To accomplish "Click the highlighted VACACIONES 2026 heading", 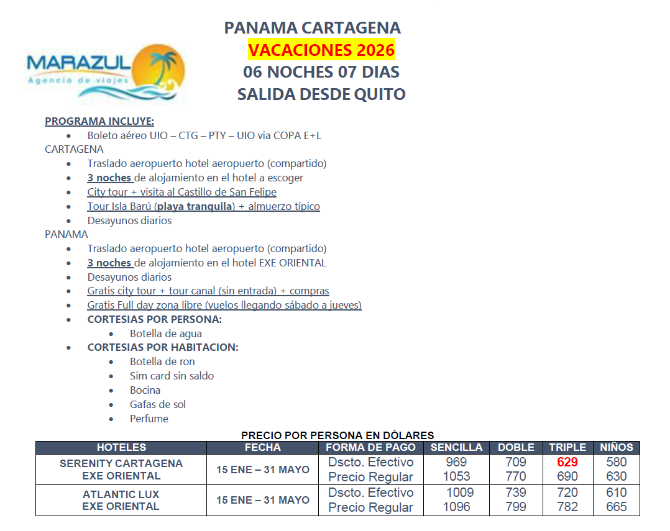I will click(321, 49).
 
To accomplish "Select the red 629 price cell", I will click(567, 462).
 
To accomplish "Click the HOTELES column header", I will click(121, 447).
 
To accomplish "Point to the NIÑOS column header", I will click(616, 447).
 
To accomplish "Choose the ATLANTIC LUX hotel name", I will click(121, 494).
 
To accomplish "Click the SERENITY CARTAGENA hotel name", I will click(121, 463).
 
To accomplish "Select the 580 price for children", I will click(616, 462).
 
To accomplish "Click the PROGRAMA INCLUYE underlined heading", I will click(99, 121).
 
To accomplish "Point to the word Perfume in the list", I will click(149, 419).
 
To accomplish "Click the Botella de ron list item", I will click(162, 361).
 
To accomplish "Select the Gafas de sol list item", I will click(158, 404).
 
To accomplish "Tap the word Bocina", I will click(145, 390).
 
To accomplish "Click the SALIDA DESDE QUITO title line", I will click(321, 94).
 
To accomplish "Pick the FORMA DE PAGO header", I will click(370, 447).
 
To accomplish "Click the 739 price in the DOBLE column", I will click(516, 492).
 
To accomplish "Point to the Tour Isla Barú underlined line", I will click(203, 206).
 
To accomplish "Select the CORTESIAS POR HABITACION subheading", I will click(163, 347).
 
